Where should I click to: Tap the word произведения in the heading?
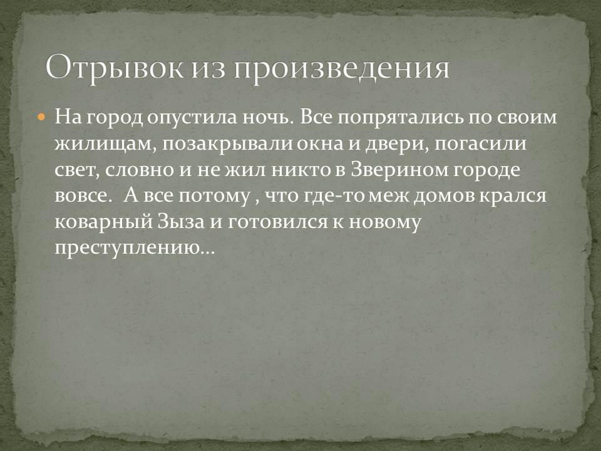[x=342, y=69]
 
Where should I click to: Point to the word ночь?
[x=268, y=117]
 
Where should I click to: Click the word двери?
[x=397, y=145]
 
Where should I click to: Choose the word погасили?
[x=481, y=144]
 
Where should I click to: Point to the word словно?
[x=140, y=170]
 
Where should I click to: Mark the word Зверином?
[x=400, y=170]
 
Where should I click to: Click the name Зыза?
[x=181, y=222]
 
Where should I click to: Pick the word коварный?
[x=103, y=222]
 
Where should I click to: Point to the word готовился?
[x=277, y=222]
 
